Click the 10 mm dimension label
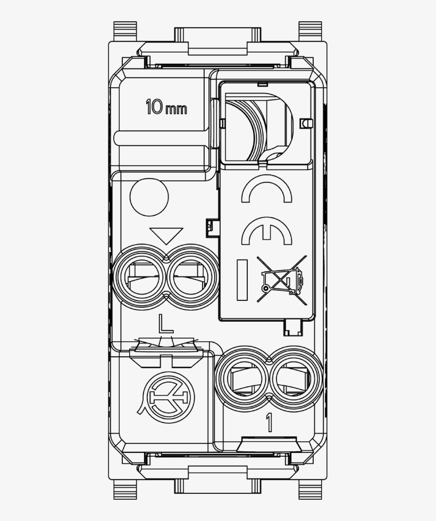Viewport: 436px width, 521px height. point(166,108)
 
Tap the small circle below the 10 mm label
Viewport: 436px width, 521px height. point(149,197)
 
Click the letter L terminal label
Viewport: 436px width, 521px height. point(165,324)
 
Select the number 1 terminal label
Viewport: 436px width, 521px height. point(269,423)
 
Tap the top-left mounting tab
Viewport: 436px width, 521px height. point(125,31)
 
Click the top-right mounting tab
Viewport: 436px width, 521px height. point(311,31)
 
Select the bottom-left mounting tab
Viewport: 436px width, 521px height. point(125,491)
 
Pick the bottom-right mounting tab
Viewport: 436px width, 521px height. point(311,491)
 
